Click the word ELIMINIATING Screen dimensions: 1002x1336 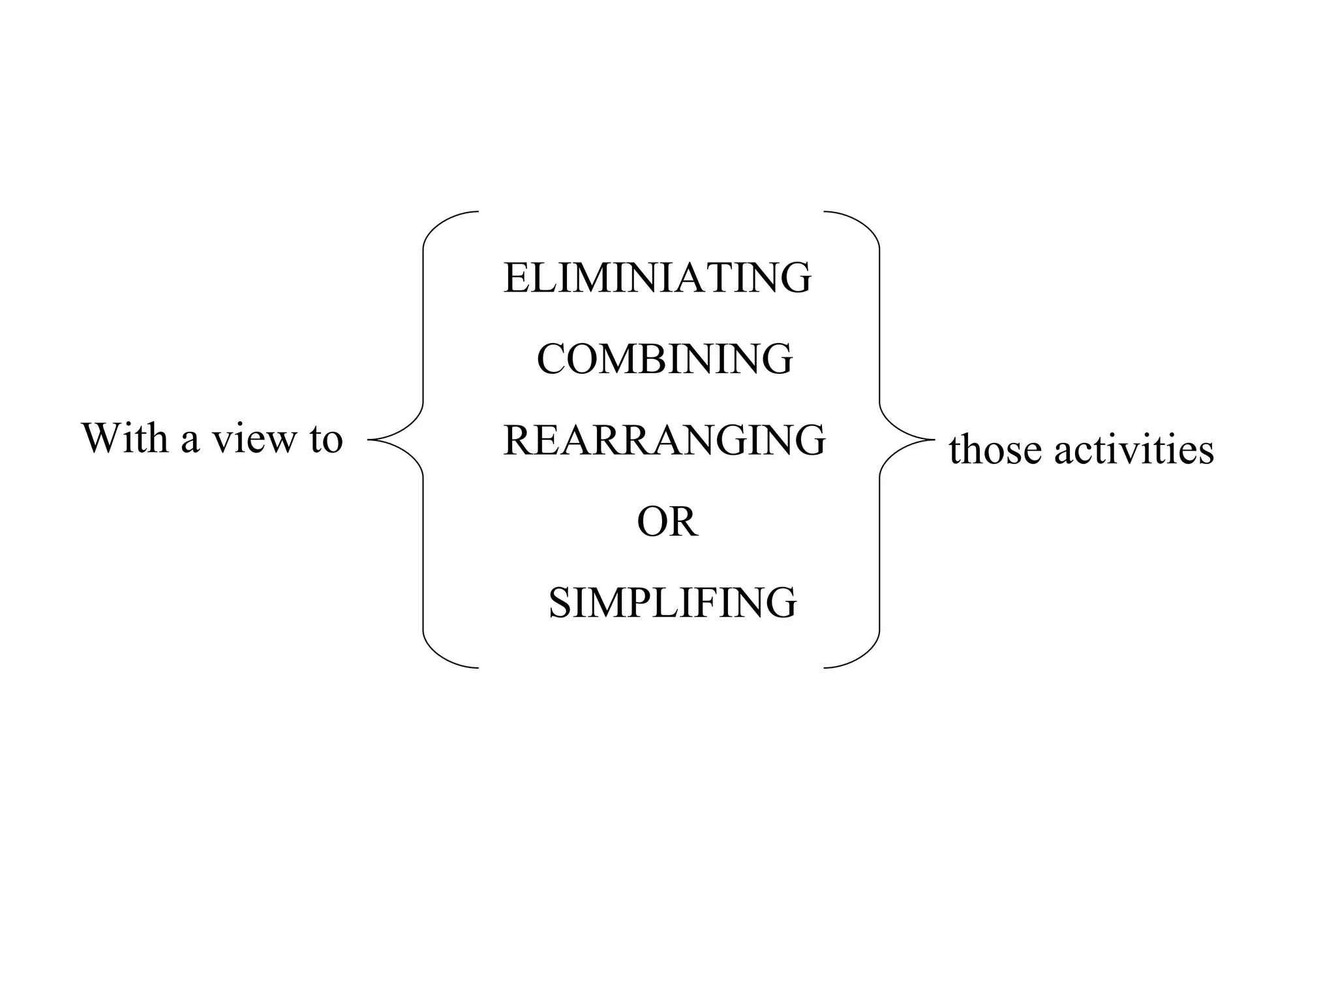[657, 278]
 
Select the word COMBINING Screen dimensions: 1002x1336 [664, 359]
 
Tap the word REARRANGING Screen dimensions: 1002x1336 [664, 440]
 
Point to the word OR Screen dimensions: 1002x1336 [667, 522]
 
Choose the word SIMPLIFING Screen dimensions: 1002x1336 [672, 603]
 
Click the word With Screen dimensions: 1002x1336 [125, 438]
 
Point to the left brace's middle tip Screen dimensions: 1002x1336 [370, 440]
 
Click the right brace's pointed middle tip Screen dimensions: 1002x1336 [934, 440]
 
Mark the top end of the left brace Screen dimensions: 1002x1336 [478, 212]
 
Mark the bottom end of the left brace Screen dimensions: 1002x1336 [478, 668]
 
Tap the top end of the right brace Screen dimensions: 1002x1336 [825, 212]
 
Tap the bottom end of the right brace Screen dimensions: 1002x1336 [825, 668]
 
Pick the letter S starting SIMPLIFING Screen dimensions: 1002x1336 [560, 603]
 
